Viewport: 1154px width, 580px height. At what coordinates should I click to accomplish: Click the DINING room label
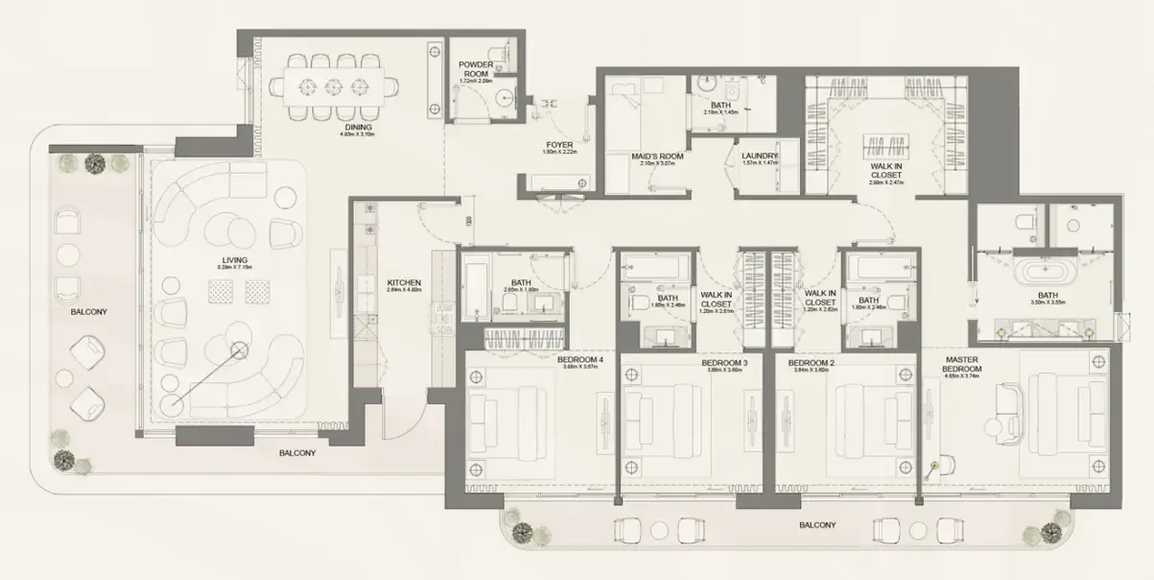click(356, 127)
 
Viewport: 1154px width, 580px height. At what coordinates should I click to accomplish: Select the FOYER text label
click(558, 145)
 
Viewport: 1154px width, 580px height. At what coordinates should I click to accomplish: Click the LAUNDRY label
click(760, 156)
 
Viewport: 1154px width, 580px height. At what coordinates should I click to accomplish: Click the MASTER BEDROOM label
click(961, 366)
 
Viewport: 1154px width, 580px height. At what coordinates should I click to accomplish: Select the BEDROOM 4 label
click(579, 361)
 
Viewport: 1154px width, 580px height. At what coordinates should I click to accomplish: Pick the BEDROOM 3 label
click(727, 363)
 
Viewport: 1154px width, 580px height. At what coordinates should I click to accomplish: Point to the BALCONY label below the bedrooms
click(817, 525)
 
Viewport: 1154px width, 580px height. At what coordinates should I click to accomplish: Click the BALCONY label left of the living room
click(87, 312)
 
